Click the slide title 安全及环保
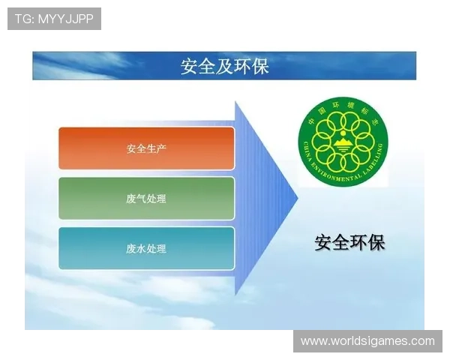click(225, 66)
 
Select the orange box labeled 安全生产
click(146, 148)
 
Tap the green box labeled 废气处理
click(146, 199)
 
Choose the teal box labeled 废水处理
click(146, 249)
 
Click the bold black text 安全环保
click(349, 243)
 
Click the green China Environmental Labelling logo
click(343, 143)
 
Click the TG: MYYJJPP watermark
click(54, 19)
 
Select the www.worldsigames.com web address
click(367, 341)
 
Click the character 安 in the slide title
click(189, 66)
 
